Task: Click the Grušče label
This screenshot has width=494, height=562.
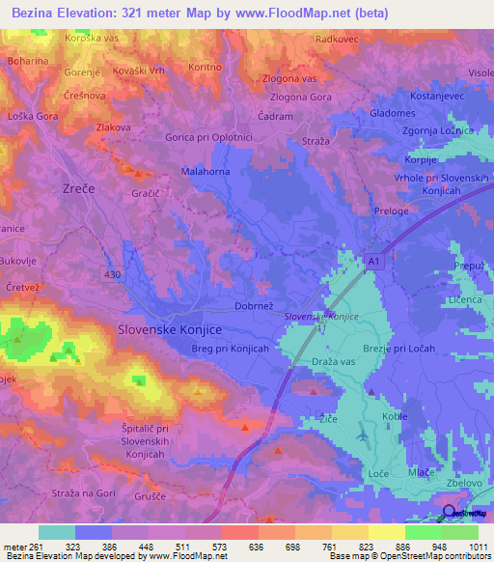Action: pos(173,498)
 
